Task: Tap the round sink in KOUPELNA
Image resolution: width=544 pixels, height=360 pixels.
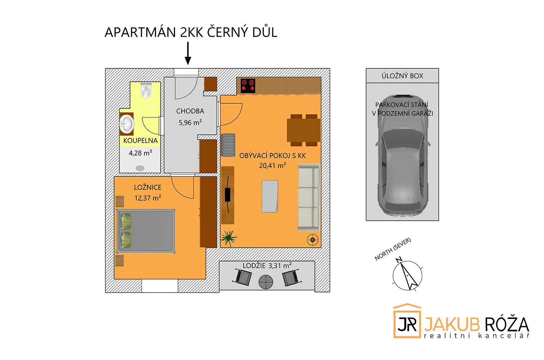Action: (126, 124)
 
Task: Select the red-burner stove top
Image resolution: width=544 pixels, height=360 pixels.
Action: (248, 86)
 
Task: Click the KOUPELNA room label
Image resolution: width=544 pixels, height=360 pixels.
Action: (141, 141)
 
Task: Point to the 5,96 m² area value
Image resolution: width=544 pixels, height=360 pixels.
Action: (190, 122)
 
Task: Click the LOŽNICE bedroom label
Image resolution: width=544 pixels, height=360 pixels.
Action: (147, 187)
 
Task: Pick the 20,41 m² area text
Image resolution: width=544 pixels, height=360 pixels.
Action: (272, 166)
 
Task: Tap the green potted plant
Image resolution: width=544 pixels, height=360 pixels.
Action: (228, 238)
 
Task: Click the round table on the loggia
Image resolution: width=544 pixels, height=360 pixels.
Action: (266, 282)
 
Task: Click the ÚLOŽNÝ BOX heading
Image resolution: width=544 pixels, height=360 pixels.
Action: (402, 76)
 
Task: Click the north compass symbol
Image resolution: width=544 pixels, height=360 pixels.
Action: (407, 275)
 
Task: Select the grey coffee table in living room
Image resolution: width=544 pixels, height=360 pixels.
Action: (270, 196)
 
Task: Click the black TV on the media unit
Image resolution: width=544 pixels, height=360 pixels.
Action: (228, 194)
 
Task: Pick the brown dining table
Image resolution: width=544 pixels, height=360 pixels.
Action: (303, 130)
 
